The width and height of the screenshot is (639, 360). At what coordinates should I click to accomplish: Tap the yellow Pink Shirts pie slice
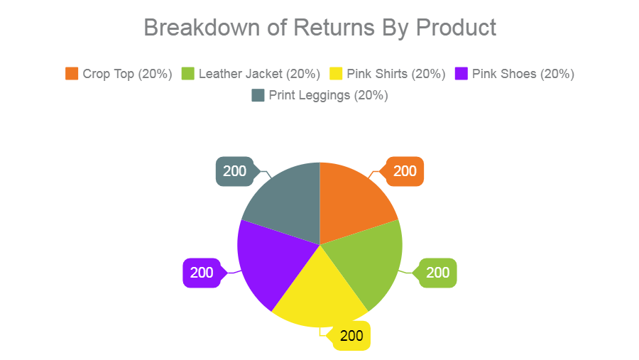(320, 295)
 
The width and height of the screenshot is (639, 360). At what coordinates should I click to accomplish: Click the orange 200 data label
(405, 171)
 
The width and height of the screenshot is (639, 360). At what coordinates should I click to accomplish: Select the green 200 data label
(437, 273)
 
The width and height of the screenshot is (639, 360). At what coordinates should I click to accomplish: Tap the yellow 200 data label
(351, 337)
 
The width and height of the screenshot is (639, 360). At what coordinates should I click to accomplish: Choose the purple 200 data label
(202, 273)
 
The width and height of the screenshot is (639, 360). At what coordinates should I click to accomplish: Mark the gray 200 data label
(235, 171)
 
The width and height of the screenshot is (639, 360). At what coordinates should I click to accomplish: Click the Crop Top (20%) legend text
(127, 74)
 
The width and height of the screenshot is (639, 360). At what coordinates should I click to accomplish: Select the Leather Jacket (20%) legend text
(259, 74)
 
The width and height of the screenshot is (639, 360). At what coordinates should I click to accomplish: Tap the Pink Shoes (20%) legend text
(523, 74)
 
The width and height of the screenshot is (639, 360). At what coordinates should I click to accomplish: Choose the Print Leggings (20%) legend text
(328, 95)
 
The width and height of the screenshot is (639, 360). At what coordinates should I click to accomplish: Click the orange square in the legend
(72, 74)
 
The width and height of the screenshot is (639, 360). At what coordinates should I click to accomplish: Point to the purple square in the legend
(461, 74)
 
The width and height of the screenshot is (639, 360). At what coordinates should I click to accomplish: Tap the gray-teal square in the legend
(258, 95)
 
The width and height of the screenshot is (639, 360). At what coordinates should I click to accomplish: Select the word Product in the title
(455, 28)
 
